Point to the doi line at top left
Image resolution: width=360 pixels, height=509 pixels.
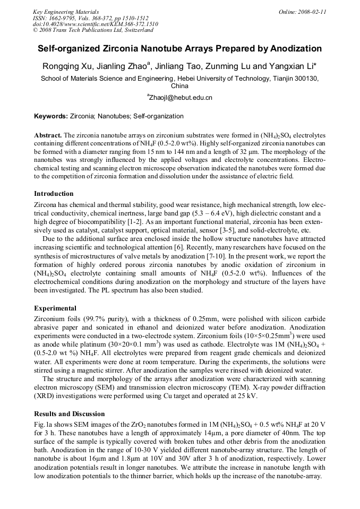pos(95,24)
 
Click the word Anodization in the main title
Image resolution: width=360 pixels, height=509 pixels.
pos(296,49)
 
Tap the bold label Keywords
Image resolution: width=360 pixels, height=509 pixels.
pos(50,116)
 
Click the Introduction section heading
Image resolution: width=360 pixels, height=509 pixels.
pos(54,194)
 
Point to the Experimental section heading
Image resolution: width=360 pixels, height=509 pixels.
pos(55,308)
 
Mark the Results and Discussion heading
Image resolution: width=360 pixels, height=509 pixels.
pos(69,414)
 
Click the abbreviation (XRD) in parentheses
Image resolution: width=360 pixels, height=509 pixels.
pos(45,396)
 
